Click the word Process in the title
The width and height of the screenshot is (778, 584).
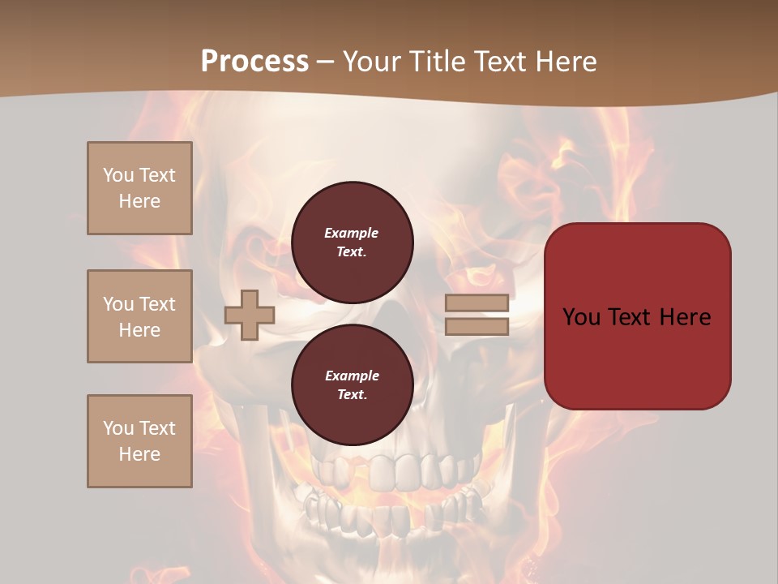254,62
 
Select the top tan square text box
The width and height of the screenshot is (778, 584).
139,188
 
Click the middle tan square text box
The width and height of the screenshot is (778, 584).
139,316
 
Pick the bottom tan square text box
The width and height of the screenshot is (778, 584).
139,441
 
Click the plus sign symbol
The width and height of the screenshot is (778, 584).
250,315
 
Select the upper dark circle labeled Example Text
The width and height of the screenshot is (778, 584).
352,243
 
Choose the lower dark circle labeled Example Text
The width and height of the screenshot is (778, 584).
352,385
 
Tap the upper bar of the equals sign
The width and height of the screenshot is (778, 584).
477,303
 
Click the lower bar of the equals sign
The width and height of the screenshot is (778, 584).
477,326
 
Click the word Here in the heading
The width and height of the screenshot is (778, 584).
566,62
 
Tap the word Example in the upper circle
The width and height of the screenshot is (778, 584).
352,233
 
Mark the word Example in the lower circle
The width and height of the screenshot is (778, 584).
352,376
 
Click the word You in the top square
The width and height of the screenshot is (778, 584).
118,175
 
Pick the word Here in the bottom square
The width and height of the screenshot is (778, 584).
139,454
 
